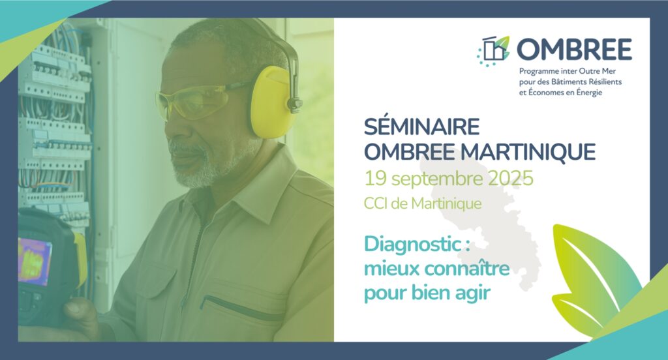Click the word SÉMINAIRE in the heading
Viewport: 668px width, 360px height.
[422, 127]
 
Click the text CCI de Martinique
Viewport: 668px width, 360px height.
[423, 203]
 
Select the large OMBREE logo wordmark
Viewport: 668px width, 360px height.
[574, 49]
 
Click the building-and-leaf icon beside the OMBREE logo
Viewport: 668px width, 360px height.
[493, 51]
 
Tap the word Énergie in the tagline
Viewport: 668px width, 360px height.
[588, 93]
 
